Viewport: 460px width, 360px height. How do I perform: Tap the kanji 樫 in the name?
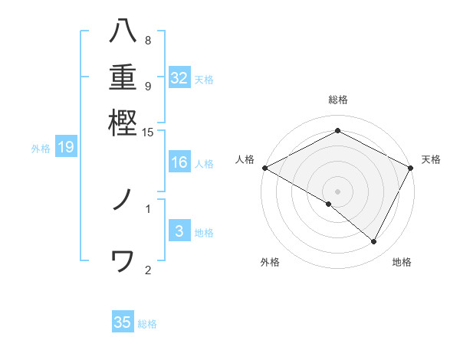click(123, 123)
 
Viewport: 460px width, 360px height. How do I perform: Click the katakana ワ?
click(123, 261)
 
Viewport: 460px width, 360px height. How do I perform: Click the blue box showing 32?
click(179, 78)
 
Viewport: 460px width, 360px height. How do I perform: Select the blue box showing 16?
click(179, 162)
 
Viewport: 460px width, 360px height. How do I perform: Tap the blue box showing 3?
click(179, 231)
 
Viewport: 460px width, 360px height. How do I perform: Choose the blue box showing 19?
click(65, 148)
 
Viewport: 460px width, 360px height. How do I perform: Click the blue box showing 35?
click(123, 322)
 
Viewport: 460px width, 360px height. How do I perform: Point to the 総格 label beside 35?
click(147, 324)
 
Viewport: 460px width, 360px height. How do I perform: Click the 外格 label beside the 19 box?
click(41, 149)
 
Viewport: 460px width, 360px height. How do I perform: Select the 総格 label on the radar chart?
click(337, 100)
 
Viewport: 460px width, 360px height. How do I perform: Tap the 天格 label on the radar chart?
click(431, 159)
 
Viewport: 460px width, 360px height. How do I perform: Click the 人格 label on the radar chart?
click(245, 159)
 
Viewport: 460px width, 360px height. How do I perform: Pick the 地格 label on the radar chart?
click(402, 263)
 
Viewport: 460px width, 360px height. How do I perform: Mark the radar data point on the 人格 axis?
click(264, 168)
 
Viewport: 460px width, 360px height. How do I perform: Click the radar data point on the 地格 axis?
click(374, 241)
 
